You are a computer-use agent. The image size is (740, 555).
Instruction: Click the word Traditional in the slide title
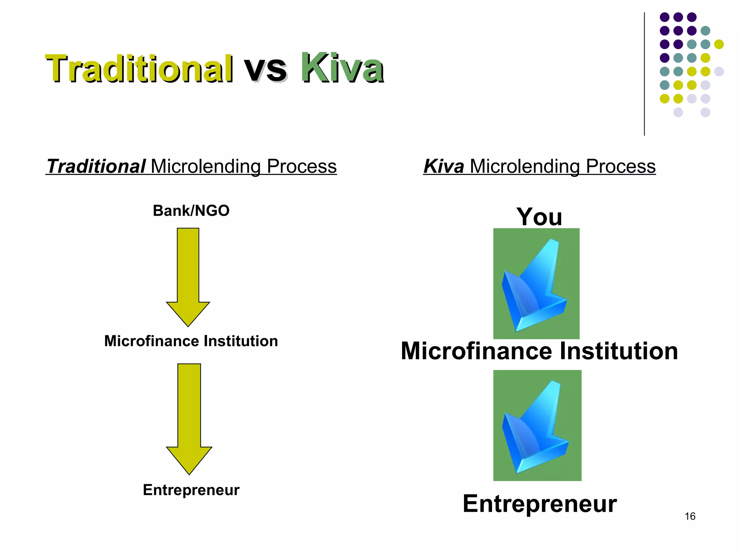(x=139, y=69)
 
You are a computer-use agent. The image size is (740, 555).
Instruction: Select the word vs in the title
(x=266, y=69)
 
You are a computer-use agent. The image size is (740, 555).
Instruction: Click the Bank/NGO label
(x=191, y=211)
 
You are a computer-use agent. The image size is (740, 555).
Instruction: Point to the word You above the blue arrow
(x=539, y=217)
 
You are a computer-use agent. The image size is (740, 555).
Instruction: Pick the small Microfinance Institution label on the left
(x=191, y=341)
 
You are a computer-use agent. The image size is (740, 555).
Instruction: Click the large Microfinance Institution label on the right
(x=539, y=351)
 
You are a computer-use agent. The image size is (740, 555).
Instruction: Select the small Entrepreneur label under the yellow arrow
(x=191, y=490)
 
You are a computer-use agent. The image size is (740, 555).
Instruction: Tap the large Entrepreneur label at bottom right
(x=539, y=504)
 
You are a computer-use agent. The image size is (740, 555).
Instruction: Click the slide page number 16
(x=690, y=516)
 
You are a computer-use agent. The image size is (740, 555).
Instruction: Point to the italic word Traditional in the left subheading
(x=96, y=167)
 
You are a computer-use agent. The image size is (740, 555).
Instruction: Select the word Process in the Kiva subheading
(x=620, y=167)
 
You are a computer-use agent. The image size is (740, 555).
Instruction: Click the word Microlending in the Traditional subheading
(x=206, y=167)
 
